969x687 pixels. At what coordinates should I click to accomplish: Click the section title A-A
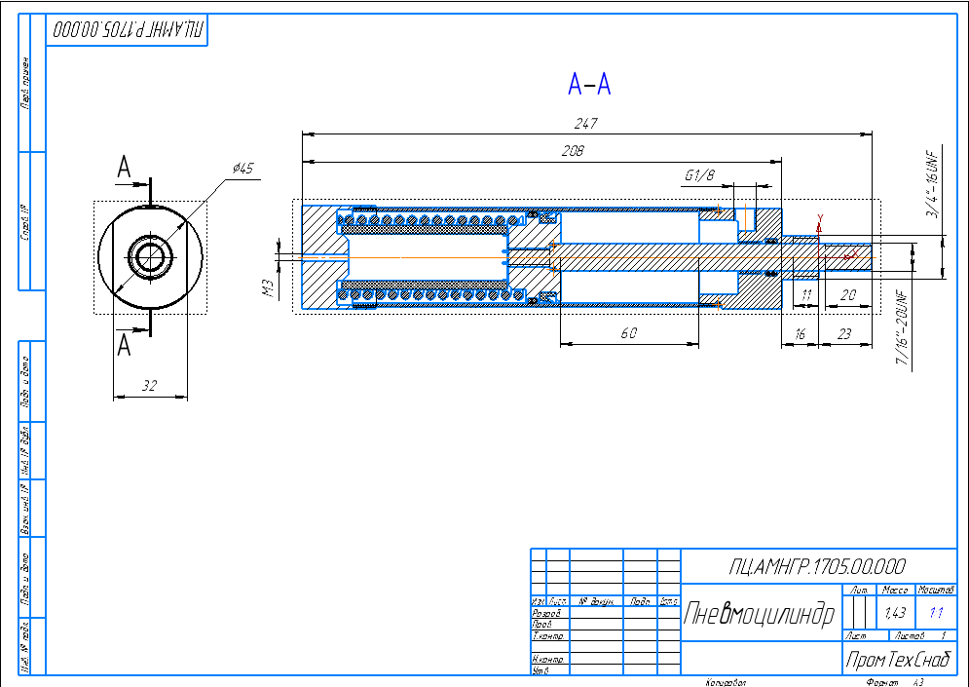coord(589,86)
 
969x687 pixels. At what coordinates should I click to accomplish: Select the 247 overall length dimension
coord(585,124)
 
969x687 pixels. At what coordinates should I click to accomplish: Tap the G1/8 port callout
coord(699,175)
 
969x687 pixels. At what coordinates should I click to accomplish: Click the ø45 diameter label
coord(242,169)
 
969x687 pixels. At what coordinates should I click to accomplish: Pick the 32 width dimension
coord(149,386)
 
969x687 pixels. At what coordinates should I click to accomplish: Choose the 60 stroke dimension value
coord(628,333)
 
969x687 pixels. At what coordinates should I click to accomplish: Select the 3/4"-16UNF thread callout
coord(931,185)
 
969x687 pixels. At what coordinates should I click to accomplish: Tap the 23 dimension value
coord(843,333)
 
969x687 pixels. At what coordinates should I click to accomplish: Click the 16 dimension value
coord(800,333)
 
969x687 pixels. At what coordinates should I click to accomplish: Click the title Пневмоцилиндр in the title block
coord(760,615)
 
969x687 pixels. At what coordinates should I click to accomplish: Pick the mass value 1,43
coord(894,613)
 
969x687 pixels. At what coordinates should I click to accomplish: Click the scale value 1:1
coord(937,613)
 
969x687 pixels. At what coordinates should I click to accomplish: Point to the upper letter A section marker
coord(124,169)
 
